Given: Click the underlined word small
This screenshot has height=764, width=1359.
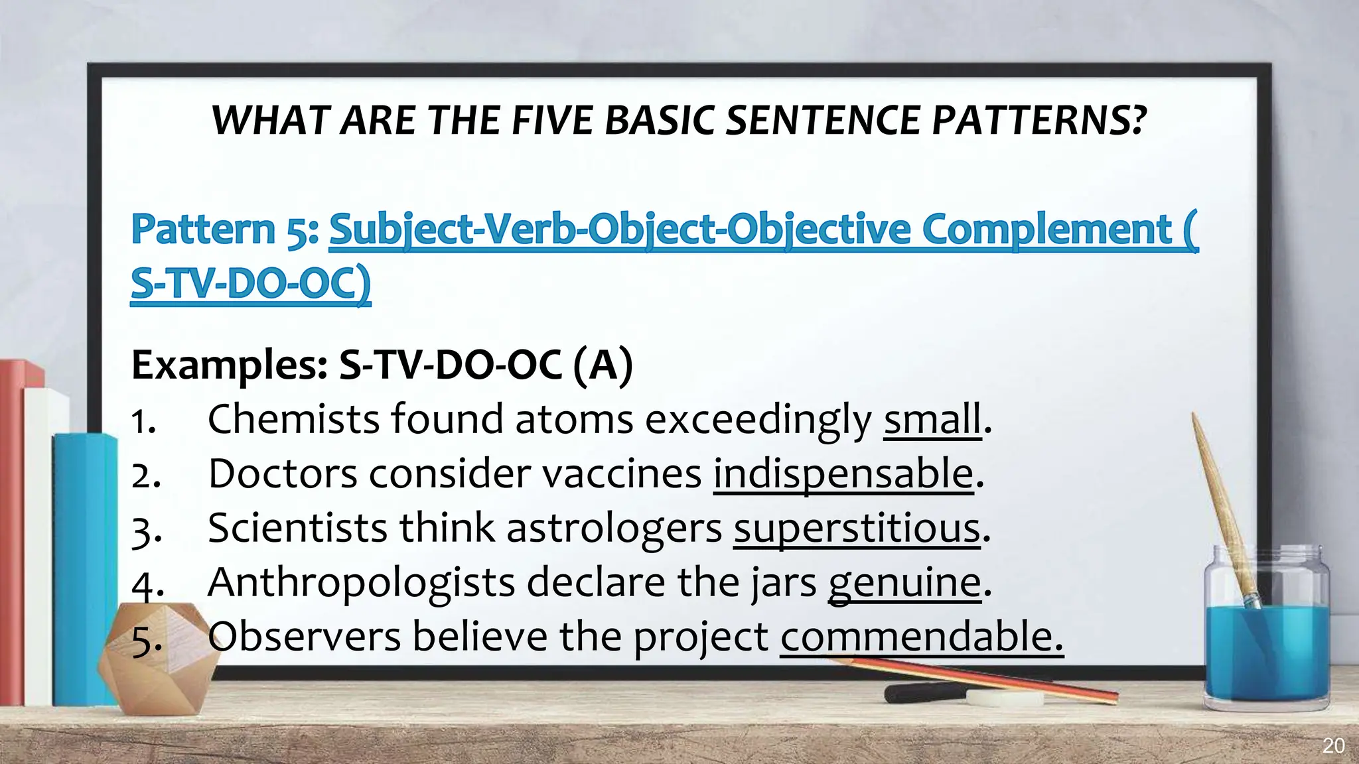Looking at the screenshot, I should tap(932, 420).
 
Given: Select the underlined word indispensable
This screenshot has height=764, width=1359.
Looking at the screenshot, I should tap(843, 474).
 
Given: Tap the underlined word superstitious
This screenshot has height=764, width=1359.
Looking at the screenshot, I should tap(857, 529).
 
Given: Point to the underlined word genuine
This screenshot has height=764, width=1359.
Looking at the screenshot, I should tap(904, 583).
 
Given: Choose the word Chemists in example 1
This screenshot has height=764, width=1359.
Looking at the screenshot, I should tap(293, 420).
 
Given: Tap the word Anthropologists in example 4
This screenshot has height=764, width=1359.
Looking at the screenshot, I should tap(361, 583).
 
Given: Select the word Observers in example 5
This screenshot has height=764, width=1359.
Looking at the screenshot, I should tap(304, 637).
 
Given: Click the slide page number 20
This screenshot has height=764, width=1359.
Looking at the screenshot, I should tap(1333, 745).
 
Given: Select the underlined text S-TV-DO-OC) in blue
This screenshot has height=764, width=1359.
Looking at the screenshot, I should tap(250, 284).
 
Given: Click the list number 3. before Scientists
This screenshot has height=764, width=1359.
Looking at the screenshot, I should tap(146, 531).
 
